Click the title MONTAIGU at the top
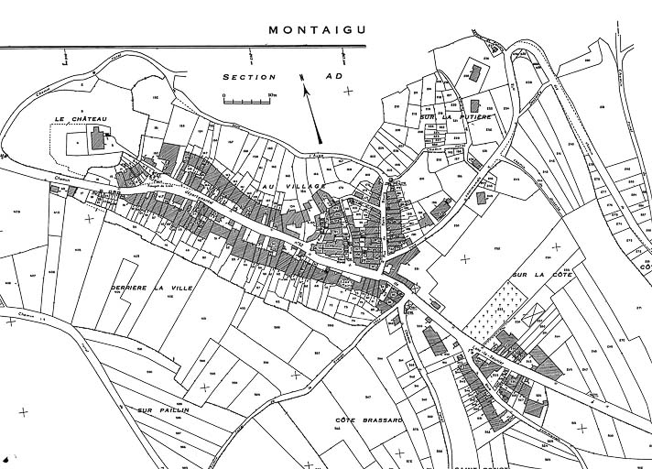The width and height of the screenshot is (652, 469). tap(316, 29)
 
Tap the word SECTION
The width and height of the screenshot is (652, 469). tap(248, 79)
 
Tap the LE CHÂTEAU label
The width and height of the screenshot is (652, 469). tap(81, 118)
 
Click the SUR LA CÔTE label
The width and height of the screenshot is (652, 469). tap(535, 274)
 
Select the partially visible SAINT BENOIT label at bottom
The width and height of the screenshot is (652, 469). tap(476, 464)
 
